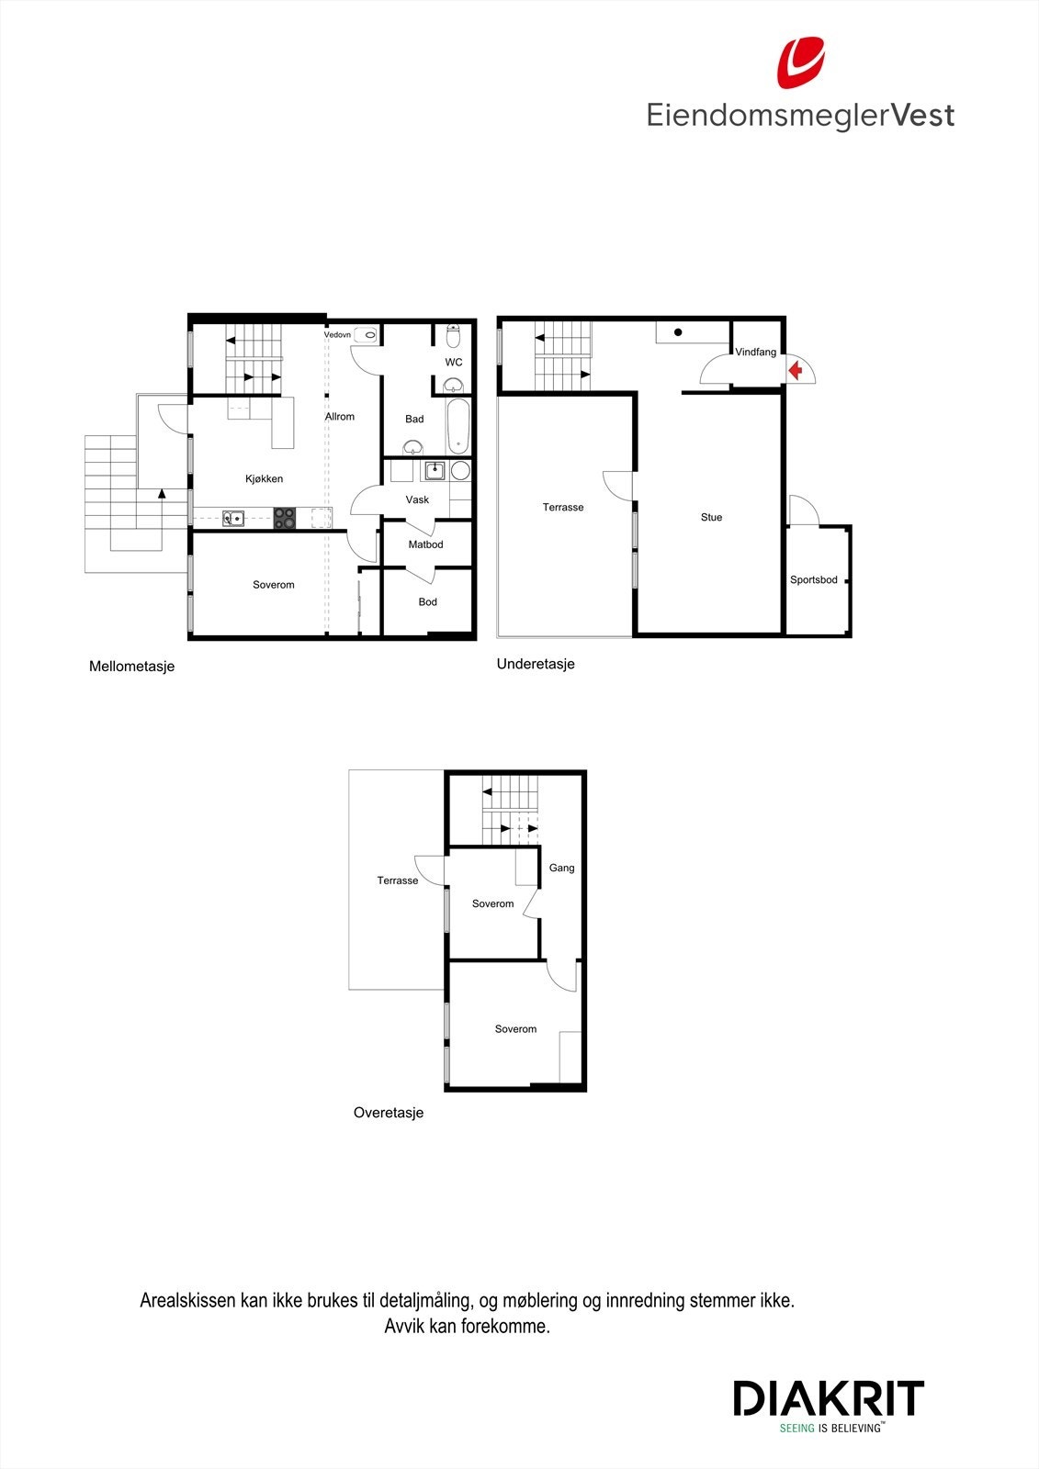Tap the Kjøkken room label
tap(264, 478)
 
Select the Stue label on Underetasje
tap(711, 517)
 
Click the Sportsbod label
tap(814, 580)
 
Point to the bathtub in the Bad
tap(458, 426)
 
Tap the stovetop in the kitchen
tap(285, 518)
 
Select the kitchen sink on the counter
tap(233, 518)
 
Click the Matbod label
tap(425, 544)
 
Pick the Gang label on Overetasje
tap(561, 868)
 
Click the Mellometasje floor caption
tap(131, 667)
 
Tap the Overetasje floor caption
tap(389, 1113)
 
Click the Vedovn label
tap(337, 335)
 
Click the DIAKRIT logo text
tap(828, 1398)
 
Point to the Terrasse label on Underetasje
tap(563, 507)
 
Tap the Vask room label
tap(417, 499)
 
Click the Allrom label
tap(340, 417)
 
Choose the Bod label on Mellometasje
tap(427, 602)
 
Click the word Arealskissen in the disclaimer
tap(186, 1300)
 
